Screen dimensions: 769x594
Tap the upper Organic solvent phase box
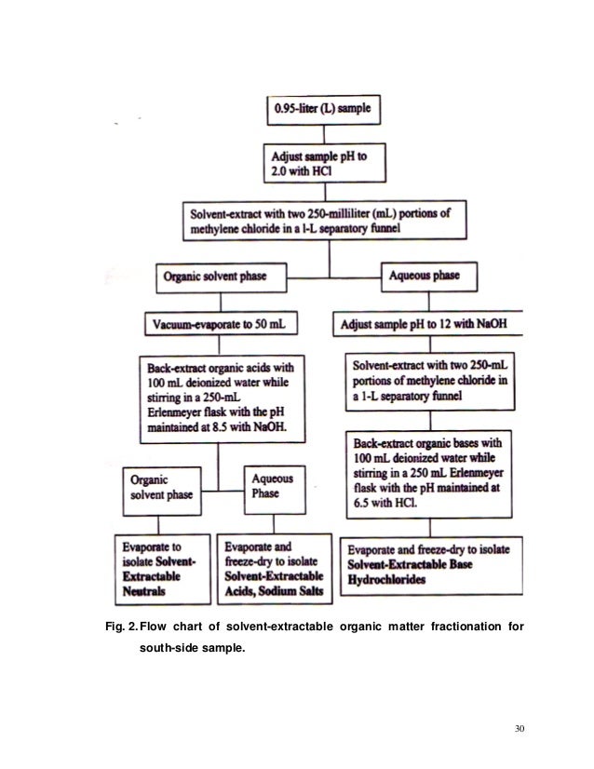pyautogui.click(x=217, y=277)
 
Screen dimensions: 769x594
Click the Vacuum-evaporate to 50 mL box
pyautogui.click(x=220, y=326)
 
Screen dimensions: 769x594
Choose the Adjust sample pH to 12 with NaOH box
pyautogui.click(x=429, y=326)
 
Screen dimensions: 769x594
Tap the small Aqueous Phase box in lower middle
pyautogui.click(x=271, y=488)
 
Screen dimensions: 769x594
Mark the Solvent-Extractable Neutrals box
pyautogui.click(x=165, y=564)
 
